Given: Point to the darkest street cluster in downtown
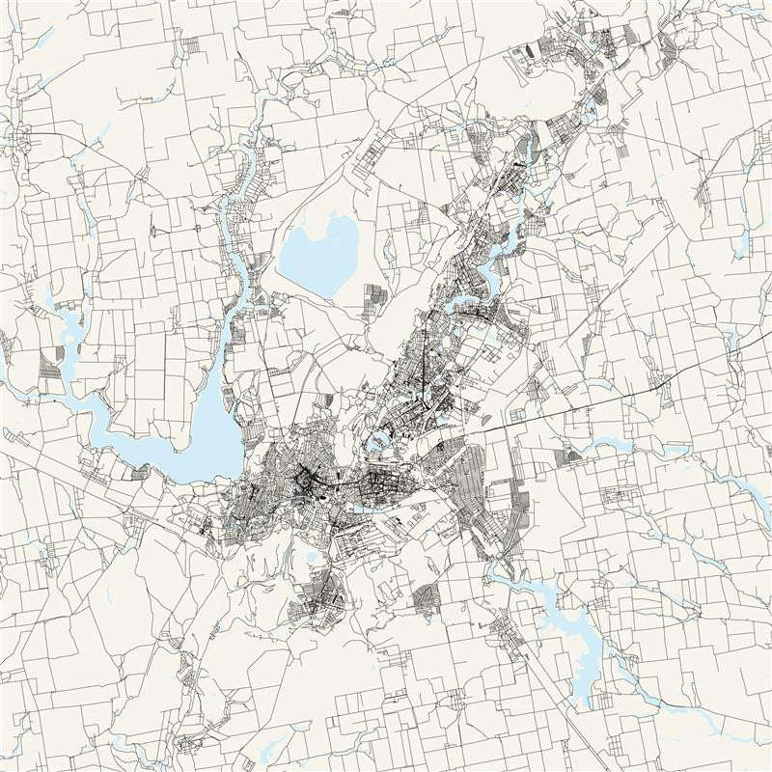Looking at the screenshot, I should (x=307, y=480).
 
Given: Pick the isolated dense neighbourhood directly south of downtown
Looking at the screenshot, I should (x=318, y=598).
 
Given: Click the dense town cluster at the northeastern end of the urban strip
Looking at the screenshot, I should (x=579, y=48).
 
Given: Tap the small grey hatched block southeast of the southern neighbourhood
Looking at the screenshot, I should (x=425, y=598).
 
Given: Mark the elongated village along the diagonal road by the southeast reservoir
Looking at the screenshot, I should (x=507, y=632).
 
